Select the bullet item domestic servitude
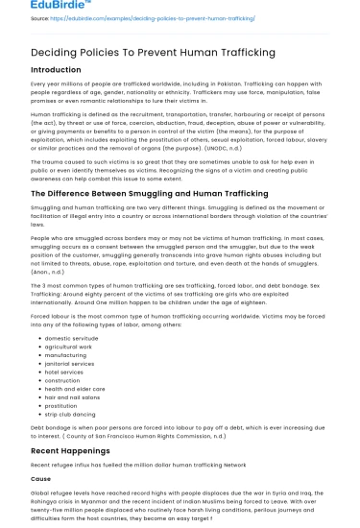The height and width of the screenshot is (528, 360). [72, 339]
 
